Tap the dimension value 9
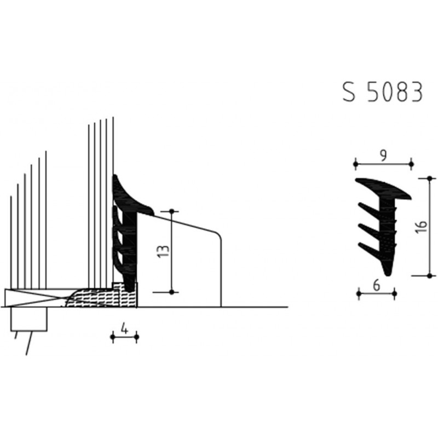(383, 156)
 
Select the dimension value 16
(420, 227)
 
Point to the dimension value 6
(377, 285)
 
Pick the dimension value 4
(124, 329)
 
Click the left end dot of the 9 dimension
(355, 163)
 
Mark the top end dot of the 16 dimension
(430, 178)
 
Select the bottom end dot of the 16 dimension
(430, 275)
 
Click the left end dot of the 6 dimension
(359, 294)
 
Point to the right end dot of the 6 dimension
(395, 294)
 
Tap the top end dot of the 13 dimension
(172, 211)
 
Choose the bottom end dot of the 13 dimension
(172, 292)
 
